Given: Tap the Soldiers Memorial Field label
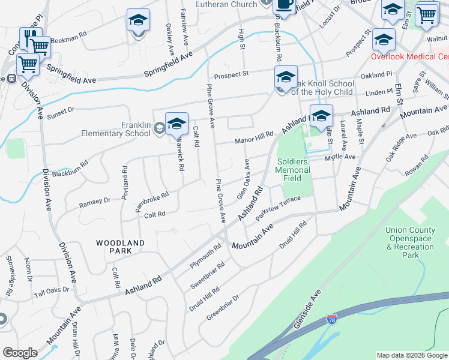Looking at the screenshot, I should [294, 170].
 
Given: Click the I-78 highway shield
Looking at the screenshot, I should [332, 319].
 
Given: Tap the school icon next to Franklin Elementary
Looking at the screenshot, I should [176, 124].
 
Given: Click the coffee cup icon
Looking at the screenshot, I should [284, 5].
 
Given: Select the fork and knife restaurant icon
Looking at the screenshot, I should [31, 38].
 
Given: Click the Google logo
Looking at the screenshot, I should [20, 353].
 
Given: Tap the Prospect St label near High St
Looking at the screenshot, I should [231, 74].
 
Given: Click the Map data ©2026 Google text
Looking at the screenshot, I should [411, 355].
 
